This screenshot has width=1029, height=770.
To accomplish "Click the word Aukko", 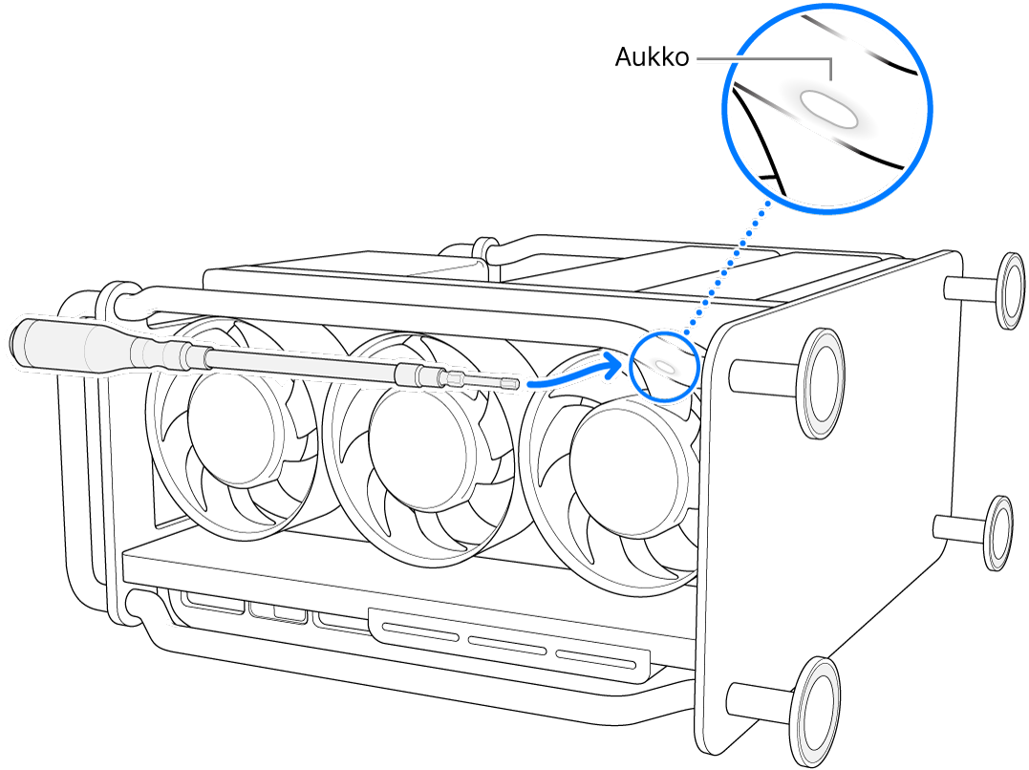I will tap(652, 58).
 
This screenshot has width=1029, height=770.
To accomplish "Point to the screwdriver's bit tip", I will tap(513, 383).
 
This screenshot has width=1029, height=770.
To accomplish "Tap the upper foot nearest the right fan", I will tap(820, 382).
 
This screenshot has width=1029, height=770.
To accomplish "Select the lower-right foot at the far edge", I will tap(999, 532).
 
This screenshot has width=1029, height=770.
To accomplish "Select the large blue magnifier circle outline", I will tap(726, 105).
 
